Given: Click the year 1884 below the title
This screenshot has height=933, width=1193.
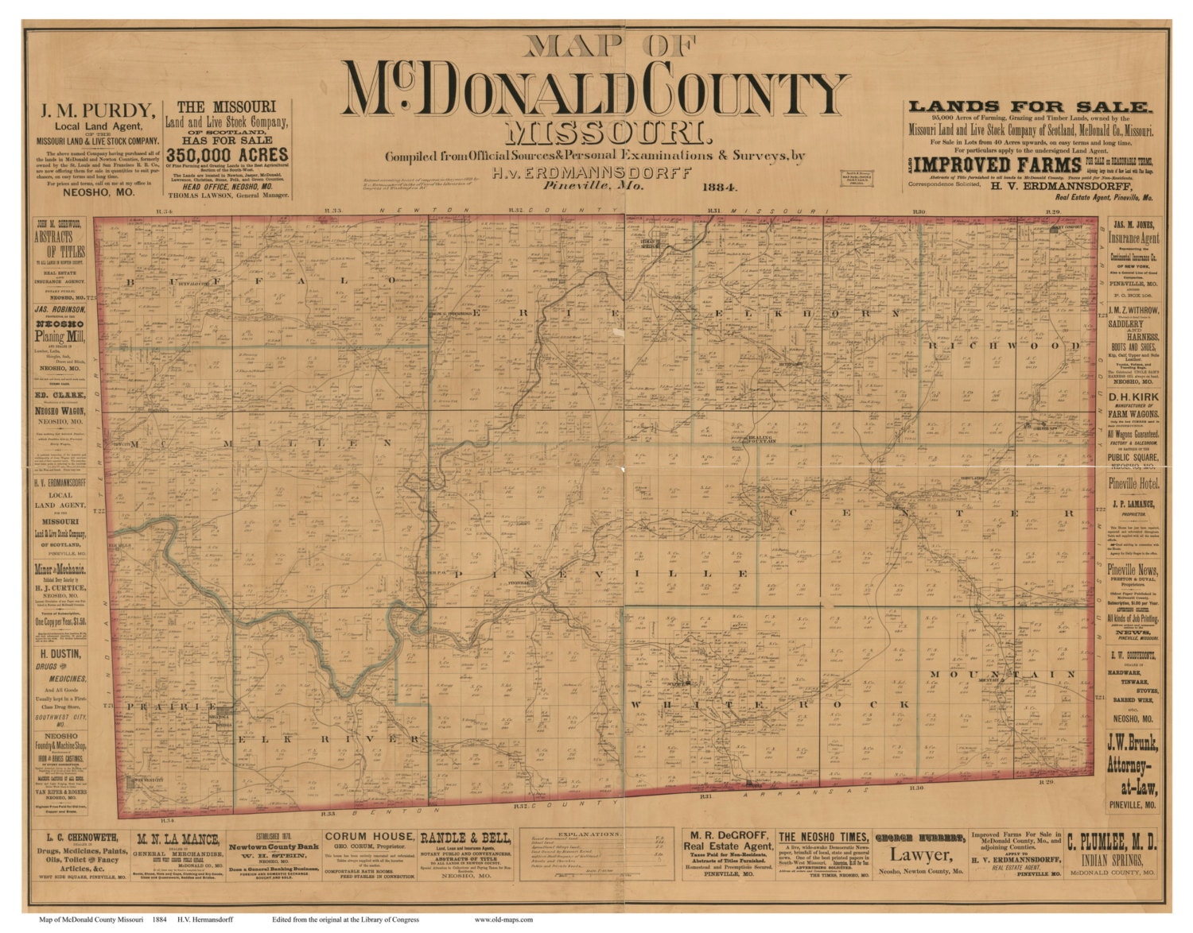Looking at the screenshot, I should coord(719,188).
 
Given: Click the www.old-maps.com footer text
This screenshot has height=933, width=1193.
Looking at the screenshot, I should coord(503,919).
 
